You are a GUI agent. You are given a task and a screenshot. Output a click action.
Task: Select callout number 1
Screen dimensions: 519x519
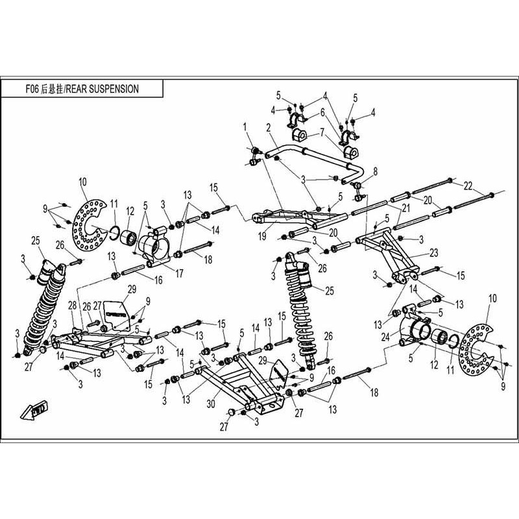246,125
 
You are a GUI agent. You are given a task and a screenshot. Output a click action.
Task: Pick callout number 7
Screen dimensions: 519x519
322,133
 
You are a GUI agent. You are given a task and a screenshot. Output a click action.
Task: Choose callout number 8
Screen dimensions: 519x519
374,171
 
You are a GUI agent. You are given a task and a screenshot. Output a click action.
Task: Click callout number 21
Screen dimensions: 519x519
407,208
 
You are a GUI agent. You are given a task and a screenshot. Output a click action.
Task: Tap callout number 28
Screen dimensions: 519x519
71,305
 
